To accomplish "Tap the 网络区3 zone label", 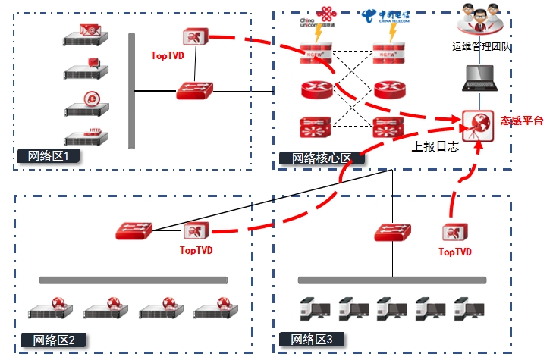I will point(312,338).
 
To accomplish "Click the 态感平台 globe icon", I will point(476,124).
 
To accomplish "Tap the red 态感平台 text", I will point(522,121).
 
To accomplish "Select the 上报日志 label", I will point(435,147).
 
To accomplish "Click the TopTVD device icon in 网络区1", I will point(193,36).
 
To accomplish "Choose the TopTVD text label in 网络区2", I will point(196,249).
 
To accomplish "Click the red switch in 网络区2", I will point(135,230).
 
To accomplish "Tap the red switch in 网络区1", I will point(196,91).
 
